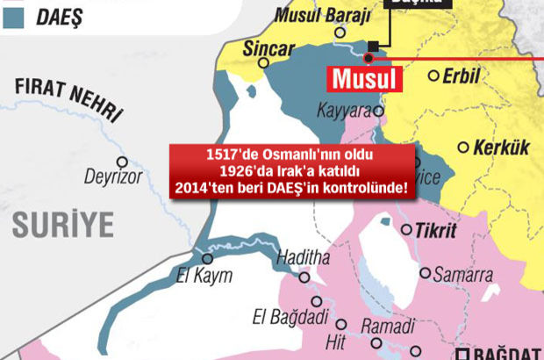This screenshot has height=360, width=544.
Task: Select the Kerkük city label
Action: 501,148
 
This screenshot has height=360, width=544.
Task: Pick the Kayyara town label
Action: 346,112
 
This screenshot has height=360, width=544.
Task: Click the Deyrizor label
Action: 113,177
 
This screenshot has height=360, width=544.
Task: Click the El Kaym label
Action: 204,276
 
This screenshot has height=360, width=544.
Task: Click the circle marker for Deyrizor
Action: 123,162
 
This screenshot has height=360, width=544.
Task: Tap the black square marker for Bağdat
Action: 463,354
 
